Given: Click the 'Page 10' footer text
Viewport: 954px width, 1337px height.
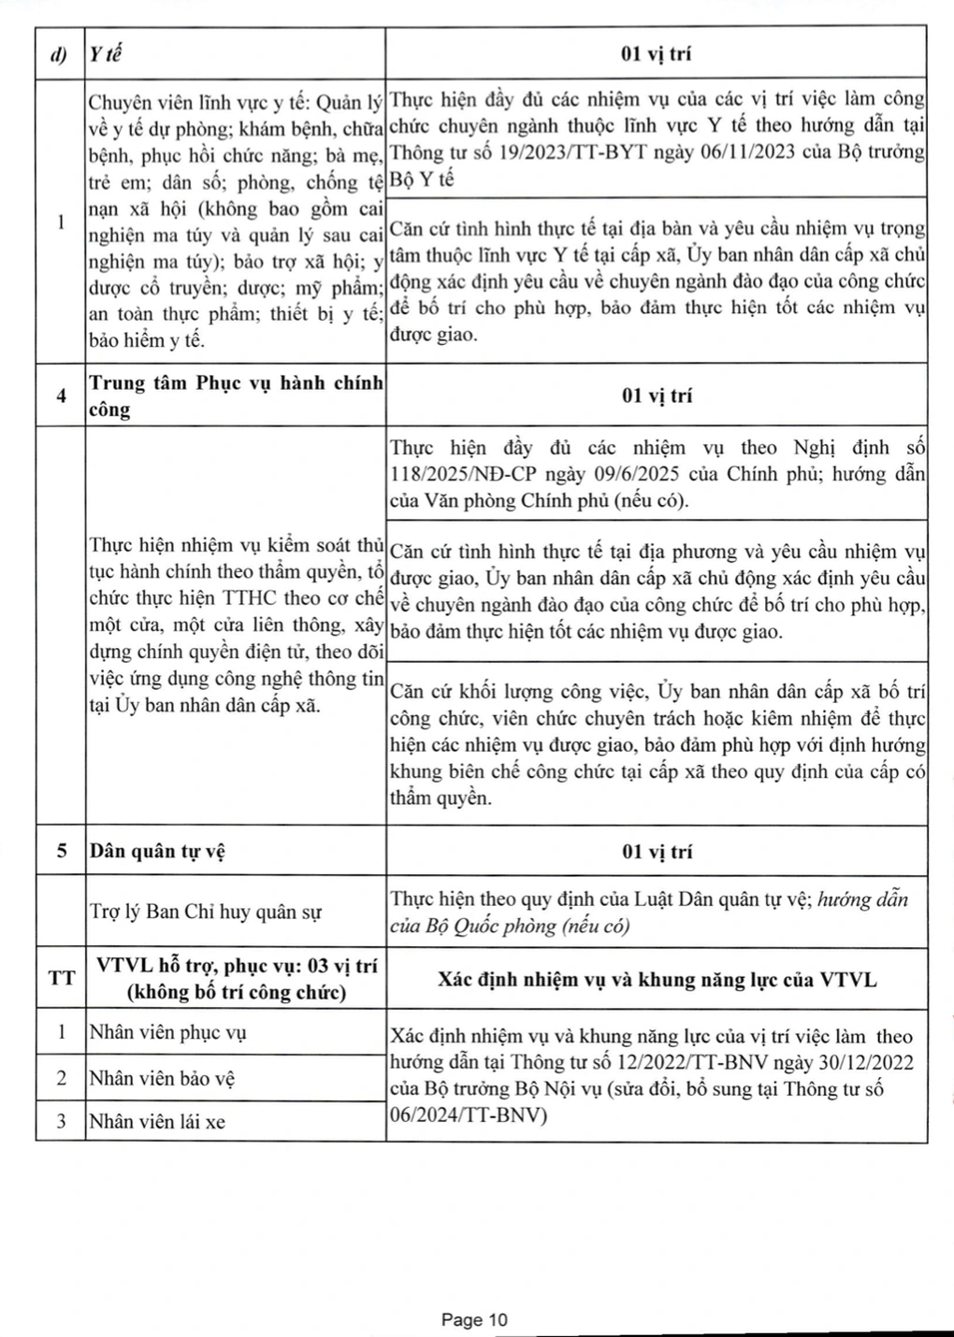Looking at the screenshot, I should click(x=474, y=1319).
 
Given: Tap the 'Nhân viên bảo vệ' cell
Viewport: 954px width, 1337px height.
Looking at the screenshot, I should click(x=162, y=1078).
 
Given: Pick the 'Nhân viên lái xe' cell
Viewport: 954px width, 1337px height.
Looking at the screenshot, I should click(x=157, y=1121).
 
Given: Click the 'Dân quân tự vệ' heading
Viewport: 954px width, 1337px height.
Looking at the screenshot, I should click(x=157, y=851).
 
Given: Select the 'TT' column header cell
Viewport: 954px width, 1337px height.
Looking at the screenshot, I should click(x=62, y=979).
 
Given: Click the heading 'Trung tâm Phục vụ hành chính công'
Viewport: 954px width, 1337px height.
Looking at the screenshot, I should click(x=235, y=395).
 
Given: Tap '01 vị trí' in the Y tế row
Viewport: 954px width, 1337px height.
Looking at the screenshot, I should click(x=657, y=54).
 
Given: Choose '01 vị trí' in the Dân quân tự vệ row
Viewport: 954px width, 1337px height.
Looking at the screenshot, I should click(x=657, y=851).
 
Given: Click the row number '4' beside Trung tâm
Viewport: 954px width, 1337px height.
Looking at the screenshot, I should click(x=62, y=395).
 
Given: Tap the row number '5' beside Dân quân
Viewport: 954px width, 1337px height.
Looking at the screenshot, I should click(x=62, y=851).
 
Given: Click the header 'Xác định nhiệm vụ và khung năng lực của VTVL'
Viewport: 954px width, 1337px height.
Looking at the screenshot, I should click(x=657, y=979).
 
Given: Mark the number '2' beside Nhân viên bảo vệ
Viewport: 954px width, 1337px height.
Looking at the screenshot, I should click(x=62, y=1078).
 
